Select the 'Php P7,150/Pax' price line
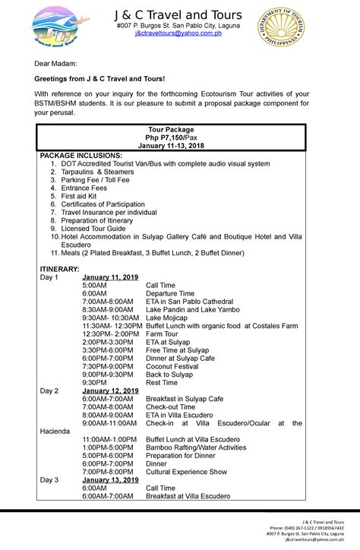click(x=178, y=137)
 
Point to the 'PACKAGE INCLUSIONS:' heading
click(x=81, y=155)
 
